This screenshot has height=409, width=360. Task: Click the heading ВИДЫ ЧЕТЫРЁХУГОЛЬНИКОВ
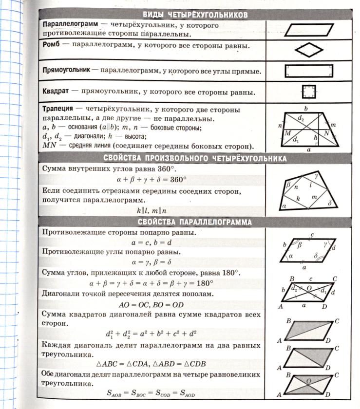pyautogui.click(x=194, y=15)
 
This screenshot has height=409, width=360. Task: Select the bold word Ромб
pyautogui.click(x=52, y=45)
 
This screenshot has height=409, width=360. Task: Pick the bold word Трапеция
pyautogui.click(x=58, y=109)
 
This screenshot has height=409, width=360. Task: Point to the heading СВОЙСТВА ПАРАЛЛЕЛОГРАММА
pyautogui.click(x=195, y=223)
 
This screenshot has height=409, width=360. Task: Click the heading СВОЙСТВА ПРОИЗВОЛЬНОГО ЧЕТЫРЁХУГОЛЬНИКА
pyautogui.click(x=195, y=158)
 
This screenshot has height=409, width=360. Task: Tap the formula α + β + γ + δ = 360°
pyautogui.click(x=152, y=179)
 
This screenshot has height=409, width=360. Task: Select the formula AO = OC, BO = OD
pyautogui.click(x=152, y=305)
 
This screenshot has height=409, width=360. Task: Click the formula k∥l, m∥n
pyautogui.click(x=152, y=211)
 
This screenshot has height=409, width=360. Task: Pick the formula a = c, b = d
pyautogui.click(x=152, y=242)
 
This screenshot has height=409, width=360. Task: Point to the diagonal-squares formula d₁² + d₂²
pyautogui.click(x=152, y=335)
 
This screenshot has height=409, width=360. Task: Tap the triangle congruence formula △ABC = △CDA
pyautogui.click(x=152, y=364)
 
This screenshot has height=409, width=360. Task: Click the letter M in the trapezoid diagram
pyautogui.click(x=287, y=132)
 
